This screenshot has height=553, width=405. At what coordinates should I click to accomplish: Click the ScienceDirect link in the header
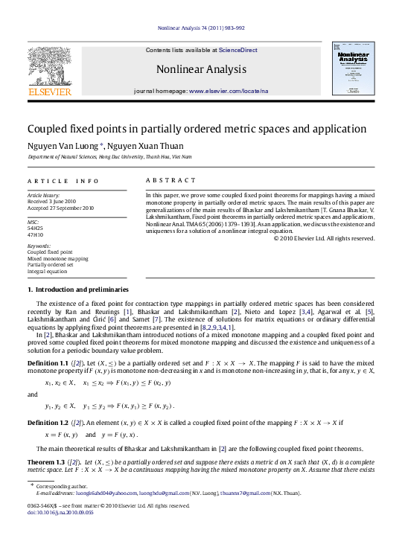[x=238, y=50]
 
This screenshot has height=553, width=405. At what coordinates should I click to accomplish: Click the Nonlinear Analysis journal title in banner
[x=200, y=69]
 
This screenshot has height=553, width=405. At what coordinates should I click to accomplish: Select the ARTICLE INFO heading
[x=63, y=181]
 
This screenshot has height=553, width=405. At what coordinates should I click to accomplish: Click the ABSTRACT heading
[x=170, y=181]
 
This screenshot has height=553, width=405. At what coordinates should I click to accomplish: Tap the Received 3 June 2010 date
[x=52, y=201]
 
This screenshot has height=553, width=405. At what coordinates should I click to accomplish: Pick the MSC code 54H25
[x=36, y=227]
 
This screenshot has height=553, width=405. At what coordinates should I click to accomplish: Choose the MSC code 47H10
[x=36, y=234]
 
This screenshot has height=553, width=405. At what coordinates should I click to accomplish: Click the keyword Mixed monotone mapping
[x=57, y=259]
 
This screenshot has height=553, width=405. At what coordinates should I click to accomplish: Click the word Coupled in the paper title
[x=52, y=129]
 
